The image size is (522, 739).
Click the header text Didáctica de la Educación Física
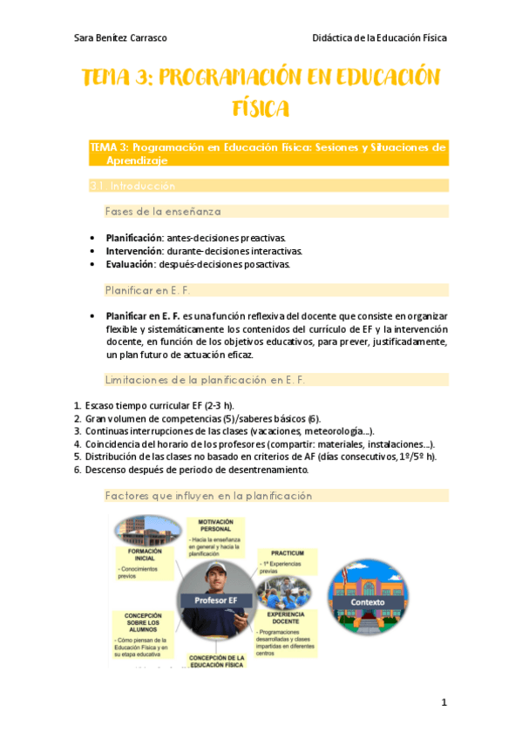click(x=379, y=38)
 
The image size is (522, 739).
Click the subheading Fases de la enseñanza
click(x=162, y=211)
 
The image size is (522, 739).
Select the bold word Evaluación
click(x=130, y=264)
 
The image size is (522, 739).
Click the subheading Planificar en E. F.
click(x=148, y=289)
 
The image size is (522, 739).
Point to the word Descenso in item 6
click(x=105, y=470)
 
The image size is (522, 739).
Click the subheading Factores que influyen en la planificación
click(x=207, y=495)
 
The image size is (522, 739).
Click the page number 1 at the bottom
click(x=444, y=702)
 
